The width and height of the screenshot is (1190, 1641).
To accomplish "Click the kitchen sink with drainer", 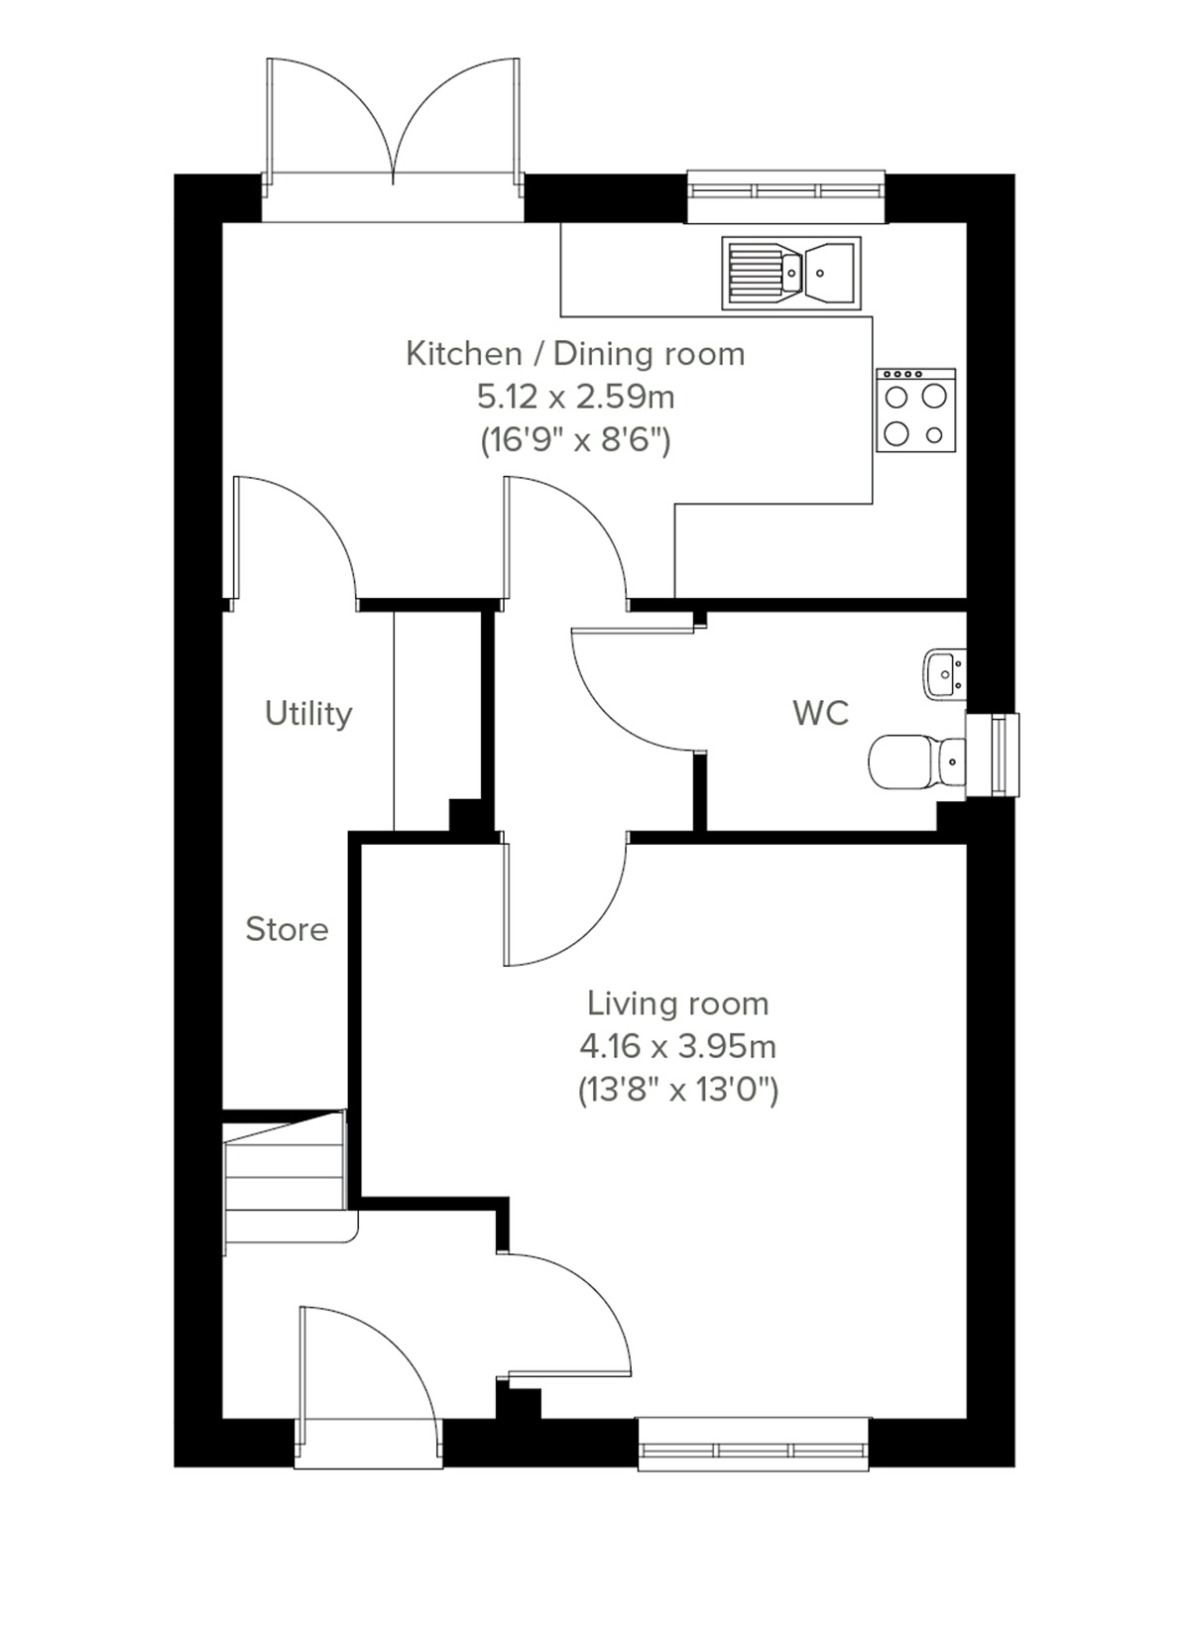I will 791,273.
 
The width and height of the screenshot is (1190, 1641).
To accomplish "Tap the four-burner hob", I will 915,410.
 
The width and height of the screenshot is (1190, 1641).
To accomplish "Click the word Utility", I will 308,714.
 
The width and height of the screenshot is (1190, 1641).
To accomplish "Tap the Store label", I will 287,930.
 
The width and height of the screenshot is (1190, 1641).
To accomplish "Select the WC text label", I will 820,713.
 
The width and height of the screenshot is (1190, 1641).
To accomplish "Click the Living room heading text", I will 677,1003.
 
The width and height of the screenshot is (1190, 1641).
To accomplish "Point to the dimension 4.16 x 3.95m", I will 677,1047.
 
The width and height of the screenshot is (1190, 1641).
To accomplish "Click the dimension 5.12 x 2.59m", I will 575,397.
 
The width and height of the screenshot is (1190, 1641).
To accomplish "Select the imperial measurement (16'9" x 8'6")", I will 575,439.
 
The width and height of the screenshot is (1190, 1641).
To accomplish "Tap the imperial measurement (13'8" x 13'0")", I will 677,1091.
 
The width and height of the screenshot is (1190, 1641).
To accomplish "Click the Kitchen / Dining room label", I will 575,354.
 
